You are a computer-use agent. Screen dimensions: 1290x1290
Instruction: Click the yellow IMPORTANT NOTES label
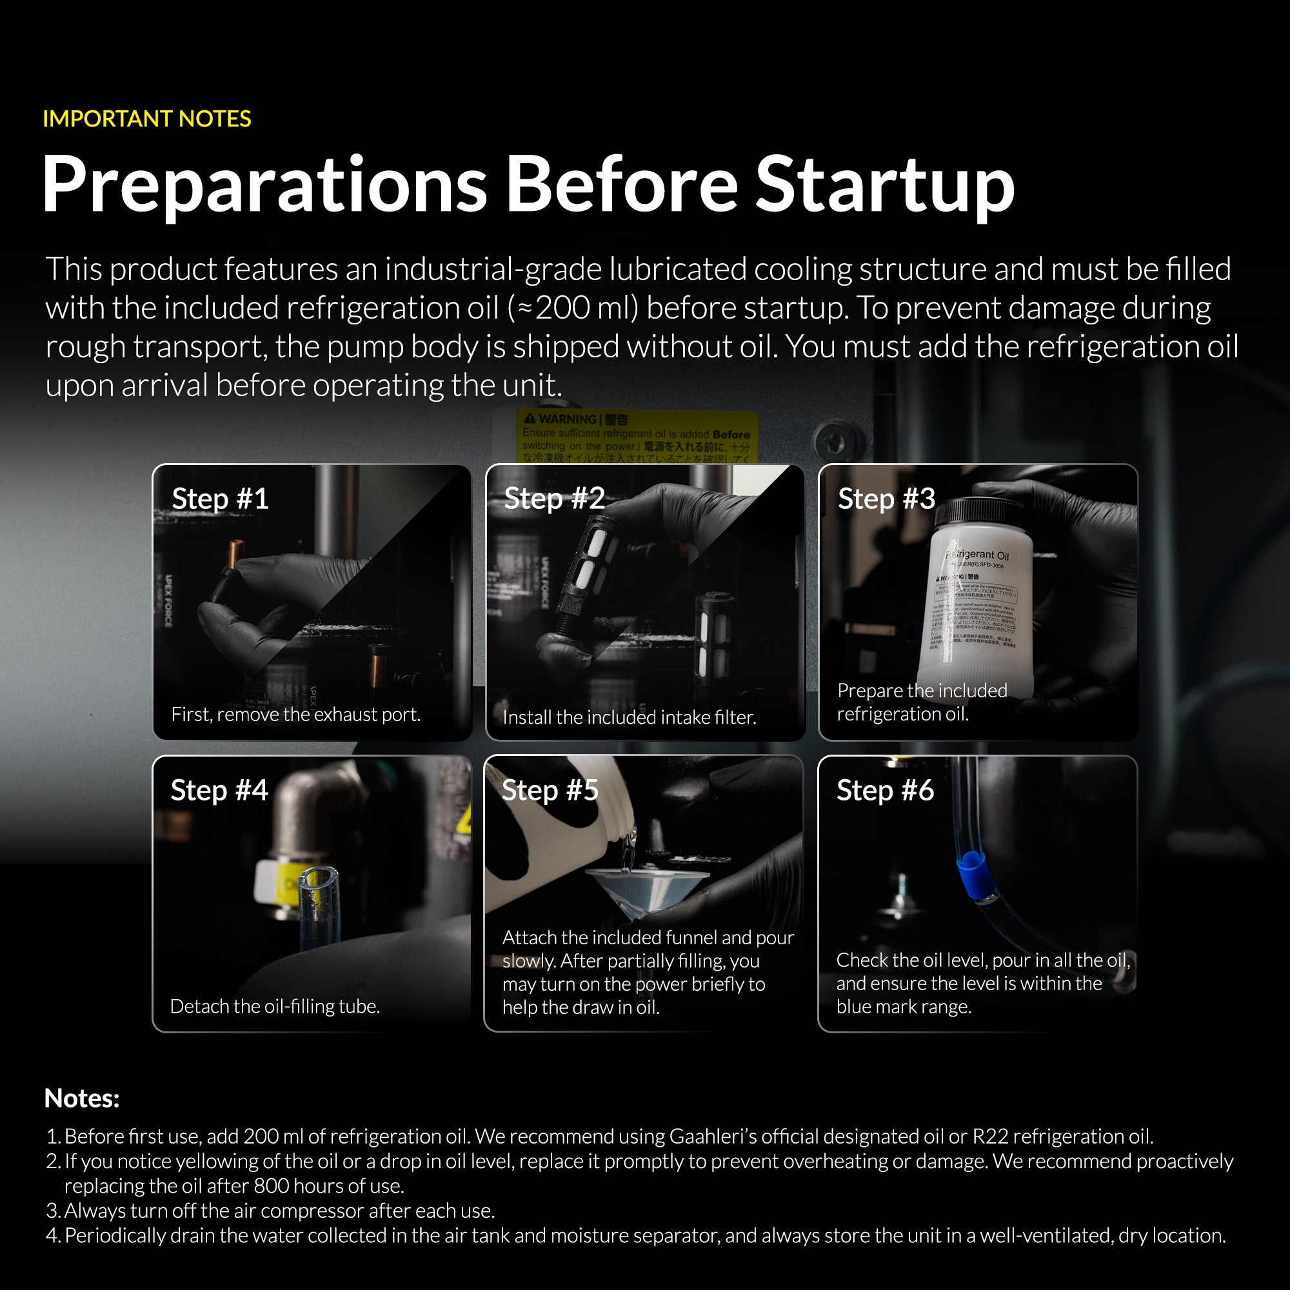tap(147, 119)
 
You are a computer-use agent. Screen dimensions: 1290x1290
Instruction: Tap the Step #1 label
tap(221, 499)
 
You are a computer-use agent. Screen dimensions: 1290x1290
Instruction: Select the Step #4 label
tap(219, 791)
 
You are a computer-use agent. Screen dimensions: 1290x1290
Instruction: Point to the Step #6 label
tap(885, 791)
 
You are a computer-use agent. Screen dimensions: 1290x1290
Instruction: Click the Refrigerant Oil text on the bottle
tap(978, 555)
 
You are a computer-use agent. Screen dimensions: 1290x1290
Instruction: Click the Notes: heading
tap(81, 1098)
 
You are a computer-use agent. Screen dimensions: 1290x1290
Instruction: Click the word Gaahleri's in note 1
tap(713, 1136)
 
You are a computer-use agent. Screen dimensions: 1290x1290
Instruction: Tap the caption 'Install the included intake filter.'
tap(629, 717)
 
